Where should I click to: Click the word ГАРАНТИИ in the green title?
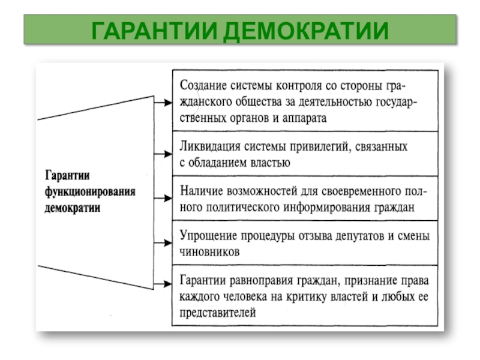pos(155,31)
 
